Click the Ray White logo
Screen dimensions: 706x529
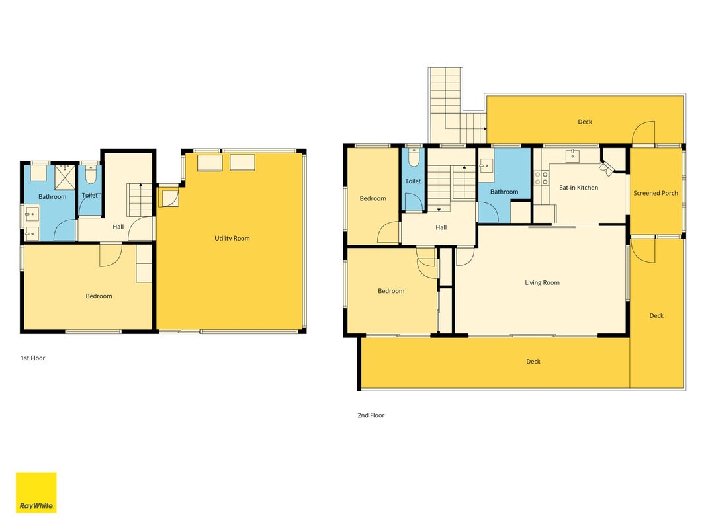pos(36,493)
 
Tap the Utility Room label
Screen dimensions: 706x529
pos(232,239)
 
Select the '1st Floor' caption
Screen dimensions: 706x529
pos(33,358)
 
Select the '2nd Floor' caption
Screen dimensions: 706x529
pos(371,415)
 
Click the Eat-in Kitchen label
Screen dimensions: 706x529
pos(578,188)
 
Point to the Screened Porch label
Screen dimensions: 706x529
pos(656,193)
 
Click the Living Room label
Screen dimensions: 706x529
pos(542,282)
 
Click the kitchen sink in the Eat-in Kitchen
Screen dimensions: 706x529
pos(572,155)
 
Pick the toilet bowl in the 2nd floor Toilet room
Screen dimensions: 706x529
pos(414,157)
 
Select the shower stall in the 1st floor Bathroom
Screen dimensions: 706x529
pos(65,178)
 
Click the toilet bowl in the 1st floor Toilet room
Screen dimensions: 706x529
pos(91,175)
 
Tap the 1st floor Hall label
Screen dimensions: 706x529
pos(118,227)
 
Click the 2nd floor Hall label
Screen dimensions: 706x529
pos(441,227)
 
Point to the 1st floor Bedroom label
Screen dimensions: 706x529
pos(99,296)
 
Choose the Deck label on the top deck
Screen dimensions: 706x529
pos(585,122)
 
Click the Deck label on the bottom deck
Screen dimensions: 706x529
pos(533,361)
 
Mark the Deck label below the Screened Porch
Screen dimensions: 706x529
pos(656,316)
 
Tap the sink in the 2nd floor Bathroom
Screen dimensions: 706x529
pos(486,165)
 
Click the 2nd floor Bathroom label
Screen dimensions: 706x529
pos(504,192)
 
